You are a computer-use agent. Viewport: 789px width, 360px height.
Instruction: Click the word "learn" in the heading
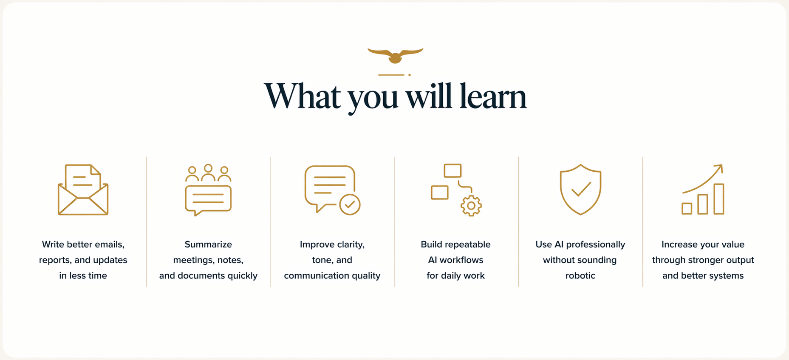point(493,96)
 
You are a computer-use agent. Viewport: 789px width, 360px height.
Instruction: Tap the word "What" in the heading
point(302,96)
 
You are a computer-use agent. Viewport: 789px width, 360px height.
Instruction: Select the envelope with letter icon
point(83,190)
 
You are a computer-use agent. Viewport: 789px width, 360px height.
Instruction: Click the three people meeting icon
point(208,190)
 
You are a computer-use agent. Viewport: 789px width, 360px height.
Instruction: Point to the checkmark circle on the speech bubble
point(350,204)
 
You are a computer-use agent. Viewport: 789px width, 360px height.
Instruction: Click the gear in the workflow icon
point(471,206)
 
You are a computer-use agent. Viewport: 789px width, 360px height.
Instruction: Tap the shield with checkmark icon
point(580,190)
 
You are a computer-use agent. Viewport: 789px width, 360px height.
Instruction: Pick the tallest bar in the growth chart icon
point(719,199)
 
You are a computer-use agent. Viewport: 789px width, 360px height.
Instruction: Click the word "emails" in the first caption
point(109,244)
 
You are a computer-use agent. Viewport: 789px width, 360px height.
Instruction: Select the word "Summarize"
point(208,244)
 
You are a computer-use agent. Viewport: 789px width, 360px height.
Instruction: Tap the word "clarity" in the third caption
point(351,245)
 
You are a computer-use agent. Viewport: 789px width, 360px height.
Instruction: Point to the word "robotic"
point(580,275)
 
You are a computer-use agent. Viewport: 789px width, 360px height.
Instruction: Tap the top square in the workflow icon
point(452,170)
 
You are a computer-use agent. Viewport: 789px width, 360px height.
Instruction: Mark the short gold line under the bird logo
point(391,75)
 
